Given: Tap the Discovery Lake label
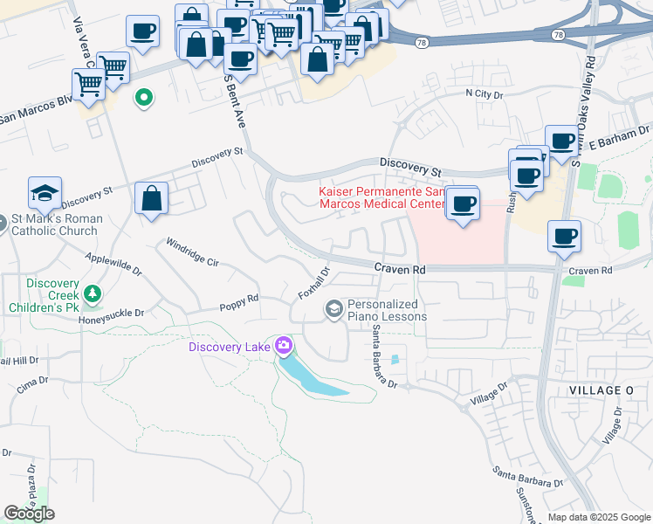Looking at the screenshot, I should [x=230, y=348].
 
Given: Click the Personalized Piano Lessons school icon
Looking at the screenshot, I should [x=333, y=309].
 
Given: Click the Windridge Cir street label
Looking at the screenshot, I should [x=192, y=253].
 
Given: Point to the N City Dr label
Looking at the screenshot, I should [x=485, y=93].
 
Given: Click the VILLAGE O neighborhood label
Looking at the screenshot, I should [x=599, y=390].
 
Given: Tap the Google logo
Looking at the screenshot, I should [x=29, y=514].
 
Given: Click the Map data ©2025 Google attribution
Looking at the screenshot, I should [x=598, y=517].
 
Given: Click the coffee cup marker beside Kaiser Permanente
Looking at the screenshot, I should [x=464, y=204].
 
